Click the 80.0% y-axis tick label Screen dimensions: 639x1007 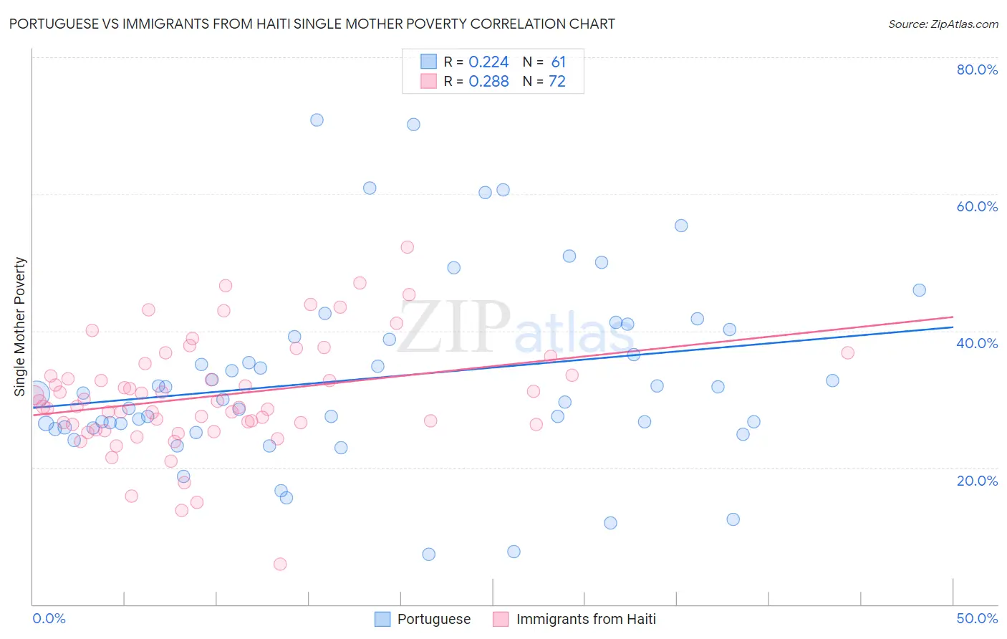pos(977,69)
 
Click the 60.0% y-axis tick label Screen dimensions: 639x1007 pos(977,206)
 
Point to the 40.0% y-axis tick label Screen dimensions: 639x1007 pos(977,343)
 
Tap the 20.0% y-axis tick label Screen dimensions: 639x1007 pos(977,481)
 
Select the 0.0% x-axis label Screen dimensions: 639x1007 pos(49,618)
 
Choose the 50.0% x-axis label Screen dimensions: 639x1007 pos(977,618)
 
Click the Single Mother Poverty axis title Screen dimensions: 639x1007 pos(20,327)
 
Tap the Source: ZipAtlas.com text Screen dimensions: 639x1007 pos(943,24)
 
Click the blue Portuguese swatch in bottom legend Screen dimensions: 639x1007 pos(383,619)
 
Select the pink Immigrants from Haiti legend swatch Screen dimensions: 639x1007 pos(501,619)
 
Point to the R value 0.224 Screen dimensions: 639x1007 pos(488,62)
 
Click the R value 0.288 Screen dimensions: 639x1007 pos(488,82)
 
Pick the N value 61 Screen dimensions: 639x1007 pos(558,62)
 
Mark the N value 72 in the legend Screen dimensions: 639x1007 pos(556,82)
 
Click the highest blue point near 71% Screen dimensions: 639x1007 pos(317,120)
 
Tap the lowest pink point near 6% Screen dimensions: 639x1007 pos(280,564)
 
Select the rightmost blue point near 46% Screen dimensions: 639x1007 pos(919,290)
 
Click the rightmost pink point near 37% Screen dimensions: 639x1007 pos(847,352)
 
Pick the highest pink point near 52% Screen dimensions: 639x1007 pos(408,247)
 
